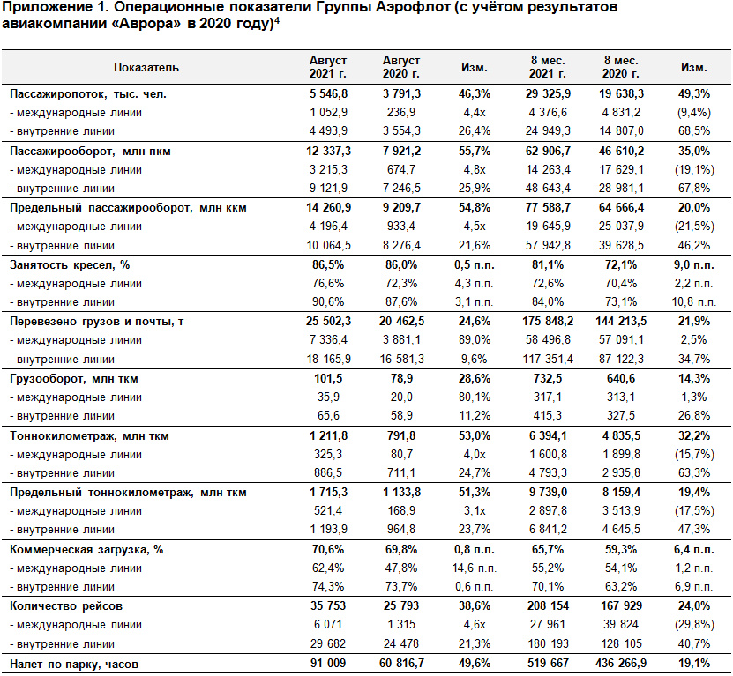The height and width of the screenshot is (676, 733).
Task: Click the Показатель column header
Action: click(146, 67)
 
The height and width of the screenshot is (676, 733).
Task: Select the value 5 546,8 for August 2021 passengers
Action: click(328, 94)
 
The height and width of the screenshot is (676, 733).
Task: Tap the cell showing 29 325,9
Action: click(548, 94)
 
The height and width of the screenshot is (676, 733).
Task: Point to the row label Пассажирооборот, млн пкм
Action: click(90, 152)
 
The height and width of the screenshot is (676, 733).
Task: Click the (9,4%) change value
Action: click(694, 113)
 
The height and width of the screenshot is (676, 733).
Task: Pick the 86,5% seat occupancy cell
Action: click(328, 265)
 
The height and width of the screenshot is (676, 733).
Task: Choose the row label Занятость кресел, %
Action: click(70, 265)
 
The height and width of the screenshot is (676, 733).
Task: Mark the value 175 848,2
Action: click(548, 322)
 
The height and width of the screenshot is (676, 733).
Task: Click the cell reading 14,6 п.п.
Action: click(475, 568)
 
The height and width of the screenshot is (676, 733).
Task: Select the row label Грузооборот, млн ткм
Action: click(74, 379)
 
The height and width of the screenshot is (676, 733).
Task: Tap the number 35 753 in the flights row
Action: click(328, 605)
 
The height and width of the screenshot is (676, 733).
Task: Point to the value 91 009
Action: click(328, 664)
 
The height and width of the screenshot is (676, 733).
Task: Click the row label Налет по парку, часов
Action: click(74, 665)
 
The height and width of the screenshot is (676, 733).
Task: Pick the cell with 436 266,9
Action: click(621, 664)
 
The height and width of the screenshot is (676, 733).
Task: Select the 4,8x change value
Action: click(475, 169)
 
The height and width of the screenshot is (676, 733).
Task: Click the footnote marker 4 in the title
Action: click(277, 20)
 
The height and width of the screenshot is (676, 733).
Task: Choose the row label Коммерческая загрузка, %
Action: click(86, 550)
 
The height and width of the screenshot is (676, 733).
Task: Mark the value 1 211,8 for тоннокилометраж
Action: click(328, 436)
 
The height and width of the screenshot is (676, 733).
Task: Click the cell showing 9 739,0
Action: click(548, 493)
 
